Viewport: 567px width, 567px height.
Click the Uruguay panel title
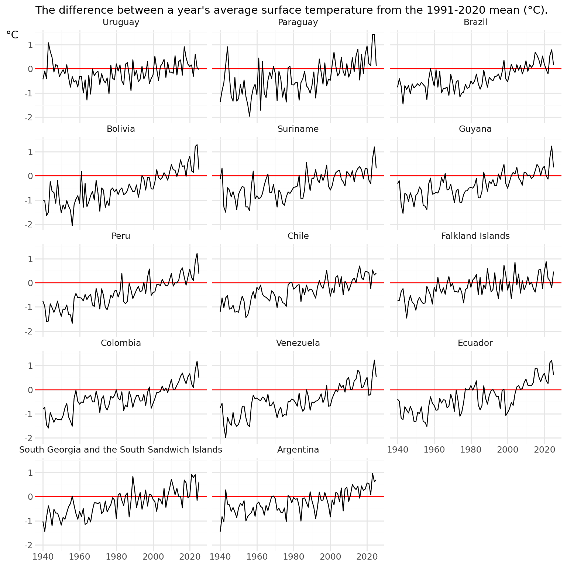click(121, 22)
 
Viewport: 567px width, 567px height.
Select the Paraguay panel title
click(298, 22)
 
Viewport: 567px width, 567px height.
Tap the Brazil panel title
click(475, 22)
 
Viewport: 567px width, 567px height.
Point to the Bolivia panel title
click(121, 129)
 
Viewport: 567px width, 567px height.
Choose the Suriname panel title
click(298, 129)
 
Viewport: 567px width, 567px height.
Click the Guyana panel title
click(475, 129)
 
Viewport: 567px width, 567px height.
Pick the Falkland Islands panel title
click(475, 236)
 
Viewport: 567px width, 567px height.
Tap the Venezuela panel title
click(298, 343)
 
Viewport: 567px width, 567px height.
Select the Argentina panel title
click(298, 450)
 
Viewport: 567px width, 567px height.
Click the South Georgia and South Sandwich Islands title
click(121, 450)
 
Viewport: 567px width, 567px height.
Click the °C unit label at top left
click(12, 35)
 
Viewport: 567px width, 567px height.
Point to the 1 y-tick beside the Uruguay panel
click(30, 45)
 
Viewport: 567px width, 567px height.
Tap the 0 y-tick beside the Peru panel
click(30, 283)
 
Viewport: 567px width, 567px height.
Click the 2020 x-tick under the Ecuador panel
click(544, 450)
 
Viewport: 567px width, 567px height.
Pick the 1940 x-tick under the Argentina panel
click(220, 557)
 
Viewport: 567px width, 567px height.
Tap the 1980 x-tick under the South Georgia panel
click(116, 557)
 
